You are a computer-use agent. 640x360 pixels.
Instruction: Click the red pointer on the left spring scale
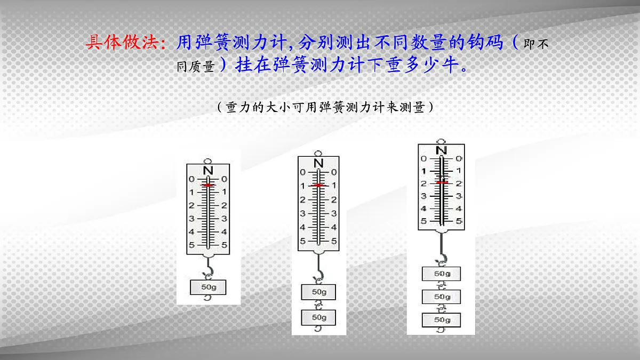209,185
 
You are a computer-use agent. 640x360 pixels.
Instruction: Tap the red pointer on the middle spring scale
318,185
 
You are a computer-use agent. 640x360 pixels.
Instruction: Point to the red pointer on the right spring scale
441,182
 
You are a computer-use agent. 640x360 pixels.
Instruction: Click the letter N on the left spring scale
209,170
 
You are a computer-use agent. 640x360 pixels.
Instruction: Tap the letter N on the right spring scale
441,150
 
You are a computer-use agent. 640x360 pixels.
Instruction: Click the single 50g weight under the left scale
208,287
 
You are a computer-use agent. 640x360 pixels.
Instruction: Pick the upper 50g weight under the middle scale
319,292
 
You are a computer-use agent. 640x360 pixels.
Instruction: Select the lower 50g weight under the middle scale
319,317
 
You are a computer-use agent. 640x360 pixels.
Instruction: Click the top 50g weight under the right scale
441,274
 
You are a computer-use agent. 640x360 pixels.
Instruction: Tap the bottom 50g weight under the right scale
441,319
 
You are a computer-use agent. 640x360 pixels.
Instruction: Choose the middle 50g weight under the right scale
441,297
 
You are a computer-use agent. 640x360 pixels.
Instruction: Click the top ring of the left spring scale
209,159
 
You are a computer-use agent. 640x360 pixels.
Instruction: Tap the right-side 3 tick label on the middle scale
334,213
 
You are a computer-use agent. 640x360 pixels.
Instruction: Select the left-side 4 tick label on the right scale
423,209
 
